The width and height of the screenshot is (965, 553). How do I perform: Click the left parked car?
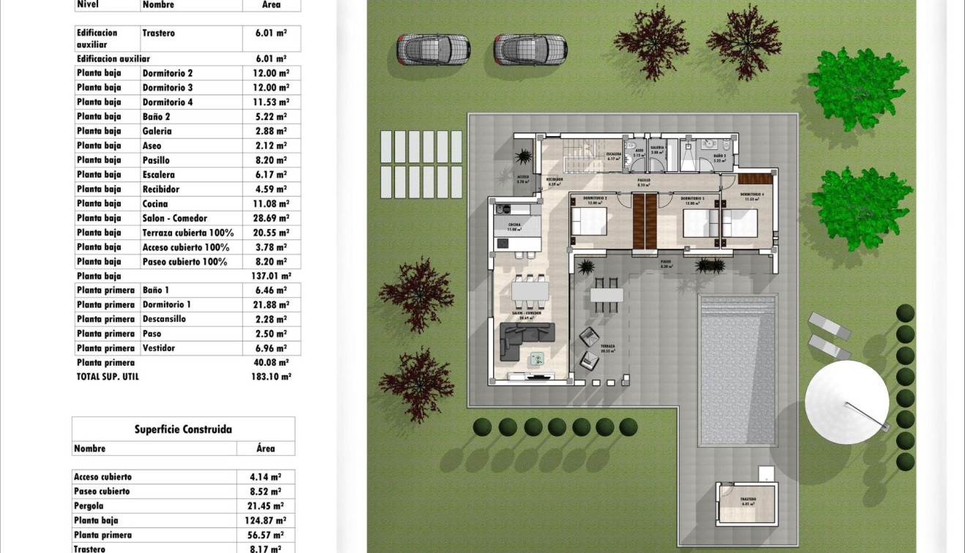click(433, 49)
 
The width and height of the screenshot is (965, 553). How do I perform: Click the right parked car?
click(530, 49)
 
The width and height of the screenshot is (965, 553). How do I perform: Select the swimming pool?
click(737, 369)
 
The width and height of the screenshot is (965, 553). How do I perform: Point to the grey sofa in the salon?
click(525, 340)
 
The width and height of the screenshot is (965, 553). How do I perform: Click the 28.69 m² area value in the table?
click(271, 218)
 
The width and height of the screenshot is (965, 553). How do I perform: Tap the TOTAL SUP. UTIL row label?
click(108, 377)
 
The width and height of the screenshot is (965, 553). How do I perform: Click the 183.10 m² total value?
click(271, 377)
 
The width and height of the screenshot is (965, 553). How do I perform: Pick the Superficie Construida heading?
click(183, 429)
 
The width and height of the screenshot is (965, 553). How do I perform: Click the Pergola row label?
click(89, 506)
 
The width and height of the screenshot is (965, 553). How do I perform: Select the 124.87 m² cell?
click(265, 521)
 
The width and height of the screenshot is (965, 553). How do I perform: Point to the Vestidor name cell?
click(159, 348)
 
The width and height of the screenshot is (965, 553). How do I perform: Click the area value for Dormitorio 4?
click(271, 102)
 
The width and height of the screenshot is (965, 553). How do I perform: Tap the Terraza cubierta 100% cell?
click(188, 233)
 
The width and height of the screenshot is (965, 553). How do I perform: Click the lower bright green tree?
click(860, 208)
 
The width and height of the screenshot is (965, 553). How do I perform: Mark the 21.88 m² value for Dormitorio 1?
click(271, 304)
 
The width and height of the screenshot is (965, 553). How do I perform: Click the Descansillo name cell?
click(164, 319)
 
